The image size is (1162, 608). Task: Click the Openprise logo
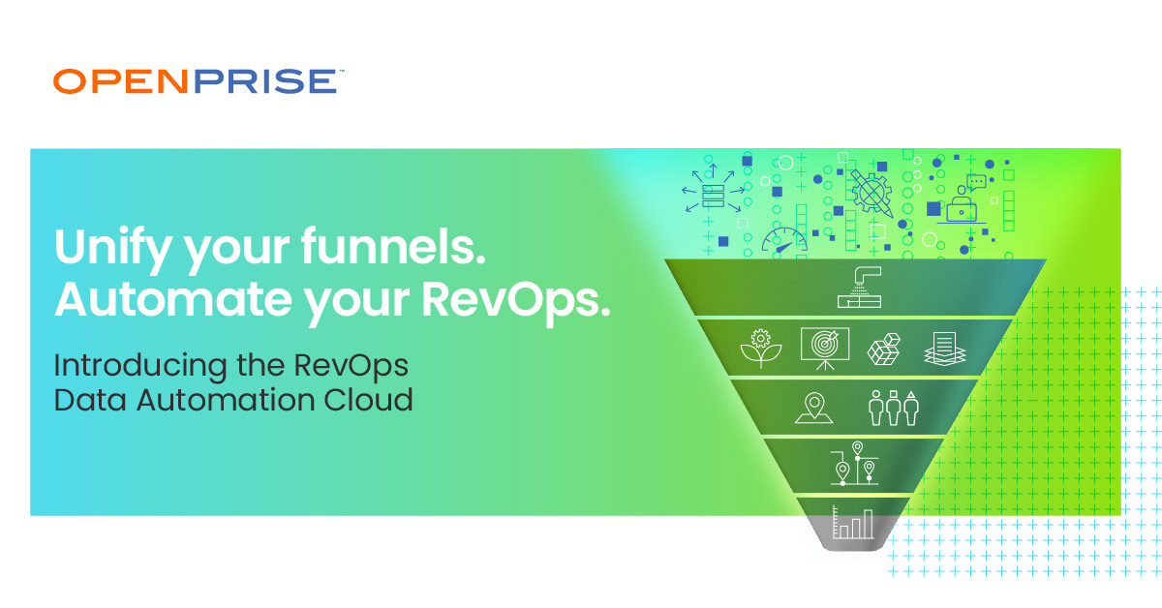click(195, 81)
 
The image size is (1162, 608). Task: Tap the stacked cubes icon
click(885, 350)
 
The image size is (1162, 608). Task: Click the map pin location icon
click(814, 409)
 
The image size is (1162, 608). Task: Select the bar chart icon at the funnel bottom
click(854, 524)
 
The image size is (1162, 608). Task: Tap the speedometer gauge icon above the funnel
click(783, 239)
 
